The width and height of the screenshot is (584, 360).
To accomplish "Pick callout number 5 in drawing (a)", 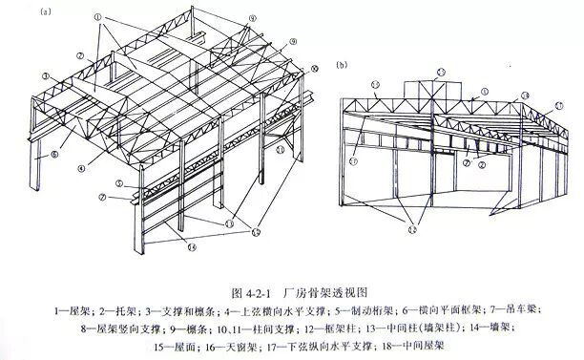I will tap(118, 183).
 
